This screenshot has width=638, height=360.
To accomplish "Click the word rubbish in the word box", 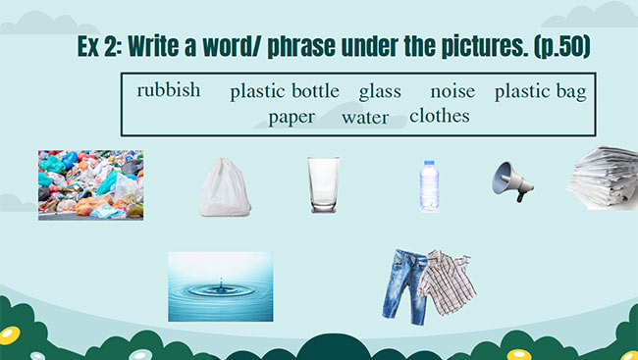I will pos(168,90).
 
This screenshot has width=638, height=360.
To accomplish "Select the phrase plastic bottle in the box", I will pos(285,92).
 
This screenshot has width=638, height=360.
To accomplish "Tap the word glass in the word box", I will pos(380,92).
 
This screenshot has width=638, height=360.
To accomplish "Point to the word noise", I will pos(452,91).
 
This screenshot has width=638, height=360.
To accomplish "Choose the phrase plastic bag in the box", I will pos(540,92).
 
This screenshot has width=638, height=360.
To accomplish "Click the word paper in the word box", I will pos(292,117).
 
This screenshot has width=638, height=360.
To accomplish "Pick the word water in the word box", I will pos(365,118).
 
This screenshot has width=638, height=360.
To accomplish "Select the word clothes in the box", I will pos(439,116).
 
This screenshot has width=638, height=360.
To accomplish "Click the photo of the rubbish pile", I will pos(90,183).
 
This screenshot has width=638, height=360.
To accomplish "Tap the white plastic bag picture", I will pos(224,187).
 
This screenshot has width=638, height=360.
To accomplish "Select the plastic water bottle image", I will pos(428,186).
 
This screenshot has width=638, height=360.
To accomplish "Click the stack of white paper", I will pos(603,177).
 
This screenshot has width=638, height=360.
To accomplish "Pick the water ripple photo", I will pos(219,285).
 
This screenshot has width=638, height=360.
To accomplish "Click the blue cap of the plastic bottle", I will pos(428,163).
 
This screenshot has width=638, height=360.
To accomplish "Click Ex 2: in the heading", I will pos(100,47).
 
